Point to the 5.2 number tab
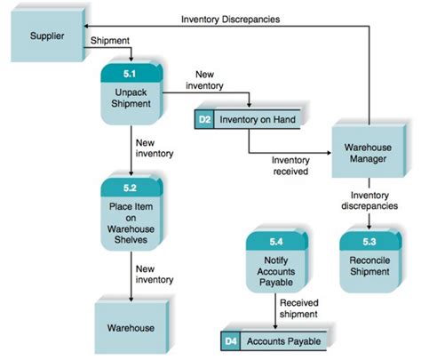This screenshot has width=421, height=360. coord(131,188)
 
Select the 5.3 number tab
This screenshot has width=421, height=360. coord(369,241)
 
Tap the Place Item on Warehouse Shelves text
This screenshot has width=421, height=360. coord(131,220)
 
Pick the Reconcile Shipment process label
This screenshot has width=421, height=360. coord(369,266)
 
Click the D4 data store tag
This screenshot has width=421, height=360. coord(230,340)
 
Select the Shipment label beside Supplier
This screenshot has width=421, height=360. coord(109,41)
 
